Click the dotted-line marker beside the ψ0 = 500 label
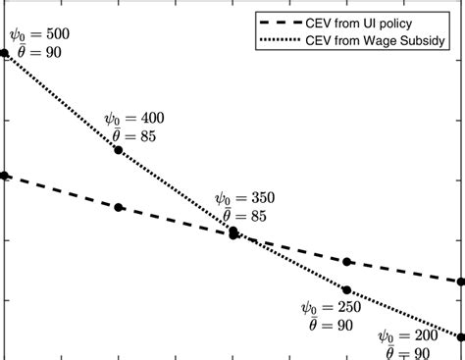point(4,52)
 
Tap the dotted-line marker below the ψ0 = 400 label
point(119,150)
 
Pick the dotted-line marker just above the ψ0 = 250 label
point(348,289)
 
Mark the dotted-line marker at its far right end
point(462,336)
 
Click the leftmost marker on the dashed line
point(4,176)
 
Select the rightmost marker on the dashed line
point(462,282)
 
